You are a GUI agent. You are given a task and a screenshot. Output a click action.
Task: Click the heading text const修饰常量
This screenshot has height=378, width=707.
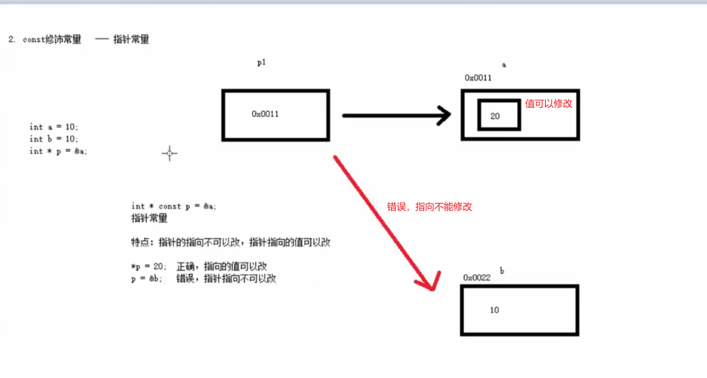coord(52,40)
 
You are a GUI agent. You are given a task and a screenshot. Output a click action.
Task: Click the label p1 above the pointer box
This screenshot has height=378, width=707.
coord(262,62)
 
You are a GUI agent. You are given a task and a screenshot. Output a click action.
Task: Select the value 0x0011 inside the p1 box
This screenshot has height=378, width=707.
coord(265,114)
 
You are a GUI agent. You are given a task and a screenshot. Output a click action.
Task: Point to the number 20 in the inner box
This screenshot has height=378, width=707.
coord(495,116)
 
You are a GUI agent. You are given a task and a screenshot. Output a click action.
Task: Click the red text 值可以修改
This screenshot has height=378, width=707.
coord(548,104)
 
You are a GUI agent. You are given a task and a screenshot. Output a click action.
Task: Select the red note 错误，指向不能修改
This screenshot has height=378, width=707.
coord(429,207)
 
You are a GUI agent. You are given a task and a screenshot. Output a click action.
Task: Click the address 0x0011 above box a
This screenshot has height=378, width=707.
coord(478,77)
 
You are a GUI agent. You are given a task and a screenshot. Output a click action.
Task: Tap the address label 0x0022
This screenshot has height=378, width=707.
coord(476,278)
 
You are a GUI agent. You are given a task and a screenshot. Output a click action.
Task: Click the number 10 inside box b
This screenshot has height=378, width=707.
coord(495,310)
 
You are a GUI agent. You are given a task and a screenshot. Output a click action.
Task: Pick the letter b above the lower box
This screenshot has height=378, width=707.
coord(502,271)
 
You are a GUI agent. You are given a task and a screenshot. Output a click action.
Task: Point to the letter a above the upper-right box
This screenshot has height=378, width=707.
coord(504,65)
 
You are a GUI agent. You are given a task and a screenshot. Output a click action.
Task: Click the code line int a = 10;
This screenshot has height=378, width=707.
coord(54,127)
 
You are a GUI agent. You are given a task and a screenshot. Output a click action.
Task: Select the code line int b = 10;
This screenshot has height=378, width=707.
coord(54,139)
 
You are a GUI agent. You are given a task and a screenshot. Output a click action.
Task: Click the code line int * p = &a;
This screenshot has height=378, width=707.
coord(58,151)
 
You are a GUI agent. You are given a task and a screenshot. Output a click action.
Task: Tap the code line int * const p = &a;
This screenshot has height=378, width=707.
coord(174,206)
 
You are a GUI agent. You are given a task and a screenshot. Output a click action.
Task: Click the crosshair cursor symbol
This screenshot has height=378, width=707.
coord(169,153)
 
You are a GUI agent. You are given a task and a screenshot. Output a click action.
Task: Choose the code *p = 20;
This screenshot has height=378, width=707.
coord(149,266)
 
